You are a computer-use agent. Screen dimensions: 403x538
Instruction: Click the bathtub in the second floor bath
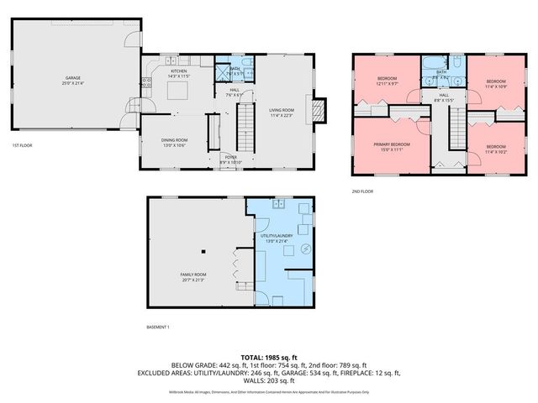point(429,64)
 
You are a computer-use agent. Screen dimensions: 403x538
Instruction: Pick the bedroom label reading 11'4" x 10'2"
point(496,149)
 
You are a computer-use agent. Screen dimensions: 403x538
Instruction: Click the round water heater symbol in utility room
point(304,249)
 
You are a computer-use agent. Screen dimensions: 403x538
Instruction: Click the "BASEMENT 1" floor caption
point(158,326)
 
